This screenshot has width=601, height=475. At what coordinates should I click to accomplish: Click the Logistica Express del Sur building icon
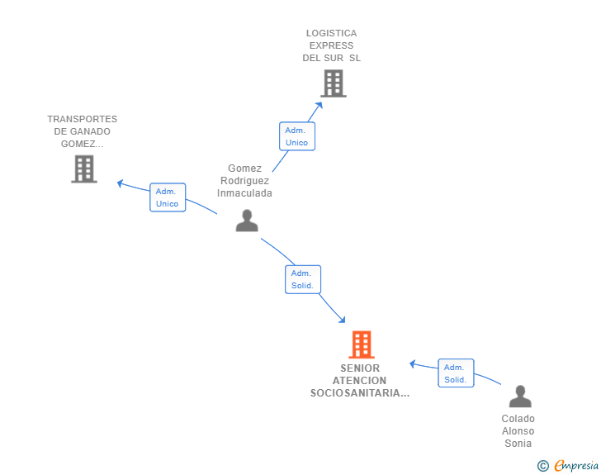click(334, 83)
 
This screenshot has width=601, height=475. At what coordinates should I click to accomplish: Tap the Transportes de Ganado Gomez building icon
click(84, 169)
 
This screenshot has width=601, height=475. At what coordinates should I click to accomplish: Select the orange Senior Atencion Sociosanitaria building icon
click(362, 344)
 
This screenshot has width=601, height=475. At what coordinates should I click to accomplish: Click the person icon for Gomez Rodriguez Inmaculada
click(247, 221)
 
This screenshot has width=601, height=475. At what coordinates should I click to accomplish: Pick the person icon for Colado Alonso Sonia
click(520, 397)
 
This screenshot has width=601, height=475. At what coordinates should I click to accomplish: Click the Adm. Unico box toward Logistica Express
click(297, 136)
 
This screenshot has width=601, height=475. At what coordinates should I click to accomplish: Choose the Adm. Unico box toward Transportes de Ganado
click(168, 197)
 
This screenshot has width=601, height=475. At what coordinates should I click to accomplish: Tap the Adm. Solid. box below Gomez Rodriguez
click(303, 279)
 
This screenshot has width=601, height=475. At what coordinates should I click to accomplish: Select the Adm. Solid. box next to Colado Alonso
click(456, 373)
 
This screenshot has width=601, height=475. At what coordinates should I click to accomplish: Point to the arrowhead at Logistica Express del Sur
click(319, 105)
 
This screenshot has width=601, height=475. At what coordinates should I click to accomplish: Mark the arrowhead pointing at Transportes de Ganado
click(120, 183)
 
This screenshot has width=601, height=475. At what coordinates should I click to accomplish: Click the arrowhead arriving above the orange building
click(342, 320)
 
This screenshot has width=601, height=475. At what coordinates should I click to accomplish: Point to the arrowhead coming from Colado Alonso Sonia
click(413, 363)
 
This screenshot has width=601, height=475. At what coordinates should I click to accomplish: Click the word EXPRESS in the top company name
click(332, 45)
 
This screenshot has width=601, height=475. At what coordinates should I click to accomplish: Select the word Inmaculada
click(244, 193)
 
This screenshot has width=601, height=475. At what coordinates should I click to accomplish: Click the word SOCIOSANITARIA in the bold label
click(360, 393)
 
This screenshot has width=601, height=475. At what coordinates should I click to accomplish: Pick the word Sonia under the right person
click(518, 444)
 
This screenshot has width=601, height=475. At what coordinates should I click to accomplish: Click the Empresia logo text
click(576, 465)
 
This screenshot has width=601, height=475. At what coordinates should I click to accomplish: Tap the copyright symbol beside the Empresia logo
click(543, 466)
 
